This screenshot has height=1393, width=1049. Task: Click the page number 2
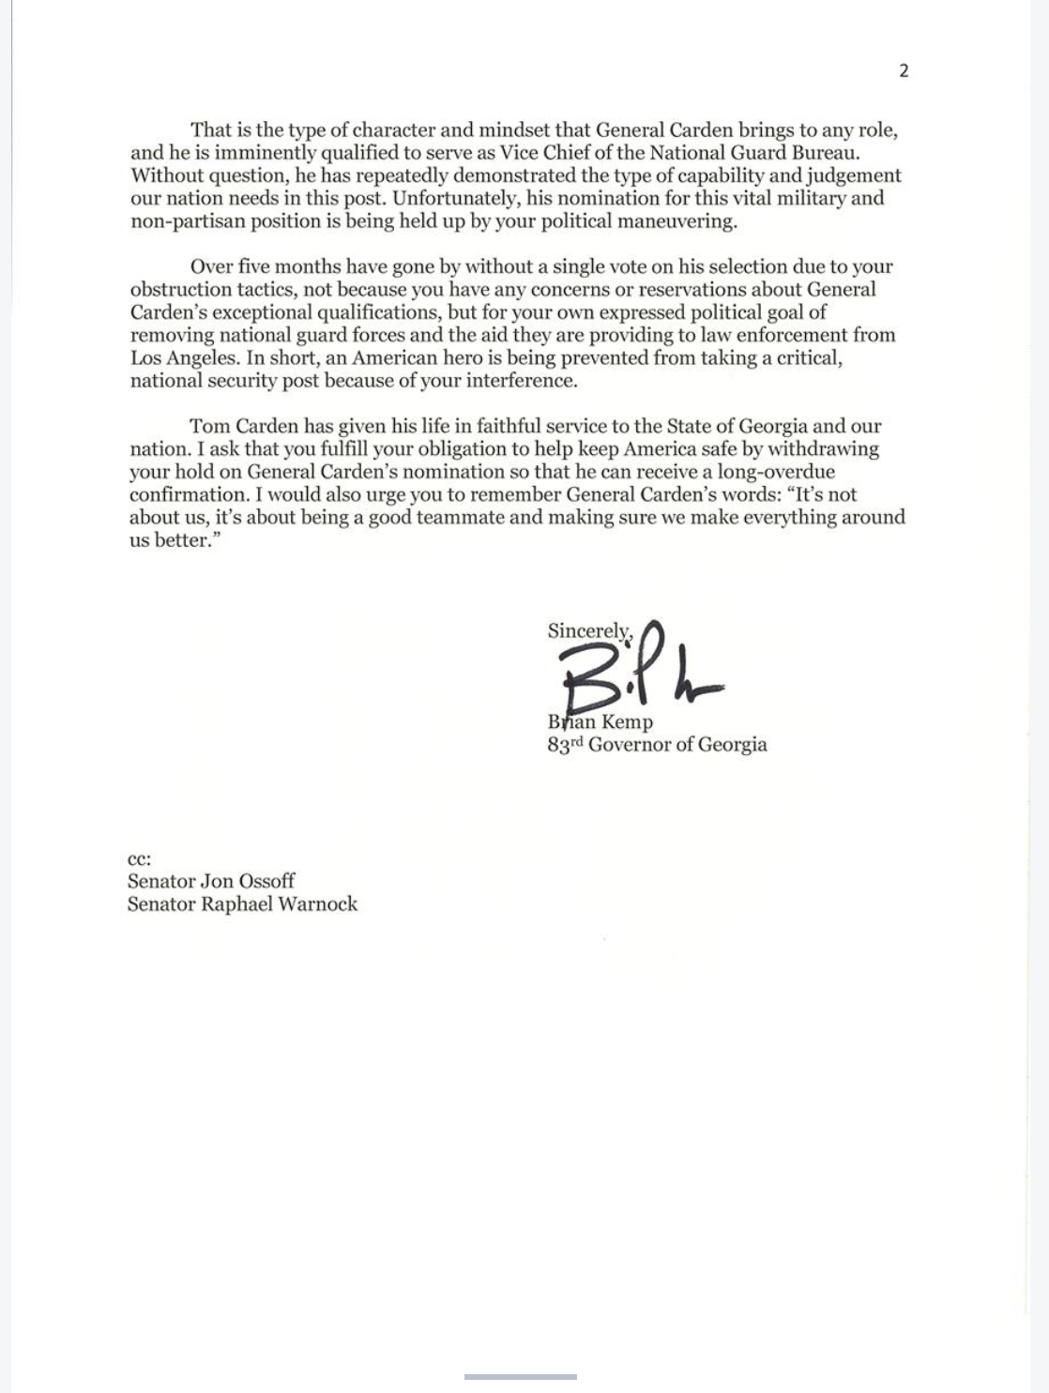904,71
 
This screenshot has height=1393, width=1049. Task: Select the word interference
523,381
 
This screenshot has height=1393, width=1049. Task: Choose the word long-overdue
776,472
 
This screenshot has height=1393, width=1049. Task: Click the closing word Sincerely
589,631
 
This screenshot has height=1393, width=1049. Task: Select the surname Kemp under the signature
627,722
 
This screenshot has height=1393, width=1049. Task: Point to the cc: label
139,859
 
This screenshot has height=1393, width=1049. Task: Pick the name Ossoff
266,882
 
